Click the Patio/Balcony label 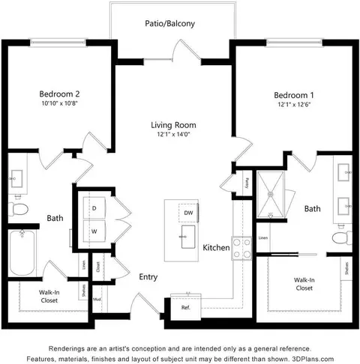coord(169,24)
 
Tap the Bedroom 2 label coord(59,94)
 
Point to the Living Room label coord(172,124)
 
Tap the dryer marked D coord(94,207)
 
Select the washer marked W coord(94,231)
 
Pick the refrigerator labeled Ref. coord(184,306)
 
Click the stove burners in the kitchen coord(241,248)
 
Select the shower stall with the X coord(273,195)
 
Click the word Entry coord(148,277)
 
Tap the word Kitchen coord(215,247)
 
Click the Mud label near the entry coord(97,299)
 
